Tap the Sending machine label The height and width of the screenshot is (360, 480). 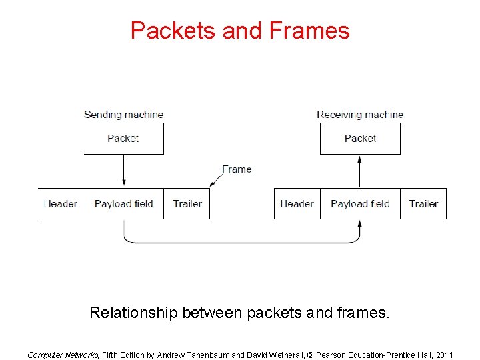123,115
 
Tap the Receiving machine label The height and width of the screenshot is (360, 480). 360,115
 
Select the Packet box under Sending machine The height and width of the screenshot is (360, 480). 123,139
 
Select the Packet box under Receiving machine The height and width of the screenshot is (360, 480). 360,139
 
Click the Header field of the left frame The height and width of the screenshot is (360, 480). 61,204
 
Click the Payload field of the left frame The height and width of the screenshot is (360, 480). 124,204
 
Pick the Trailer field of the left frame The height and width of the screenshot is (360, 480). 187,204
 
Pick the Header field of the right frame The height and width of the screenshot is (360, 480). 297,204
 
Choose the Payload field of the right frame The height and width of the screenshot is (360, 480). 360,204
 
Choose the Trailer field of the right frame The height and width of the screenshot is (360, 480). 423,204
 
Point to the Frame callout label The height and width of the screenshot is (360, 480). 237,169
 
